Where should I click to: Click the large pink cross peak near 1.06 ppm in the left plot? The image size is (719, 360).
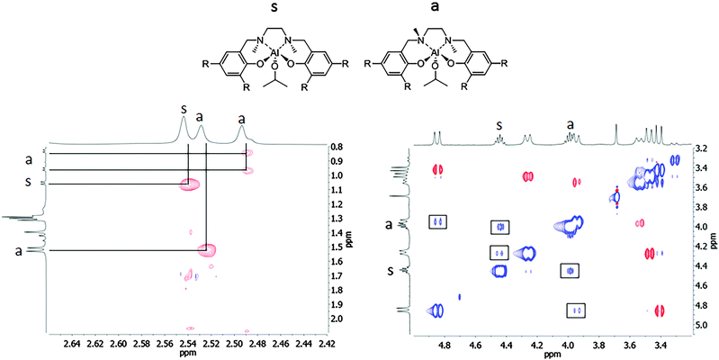189,184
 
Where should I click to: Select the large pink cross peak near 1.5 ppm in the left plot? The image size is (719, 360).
207,250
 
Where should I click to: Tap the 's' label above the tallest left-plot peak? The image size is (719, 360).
184,110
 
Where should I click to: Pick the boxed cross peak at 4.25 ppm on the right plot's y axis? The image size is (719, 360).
499,253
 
